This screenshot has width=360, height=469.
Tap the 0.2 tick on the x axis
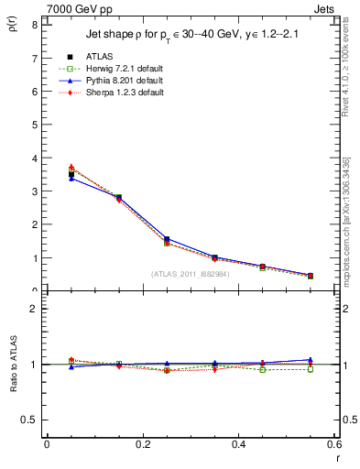[142, 444]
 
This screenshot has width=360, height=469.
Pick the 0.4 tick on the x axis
[238, 444]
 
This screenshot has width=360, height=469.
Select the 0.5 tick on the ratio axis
[30, 420]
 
